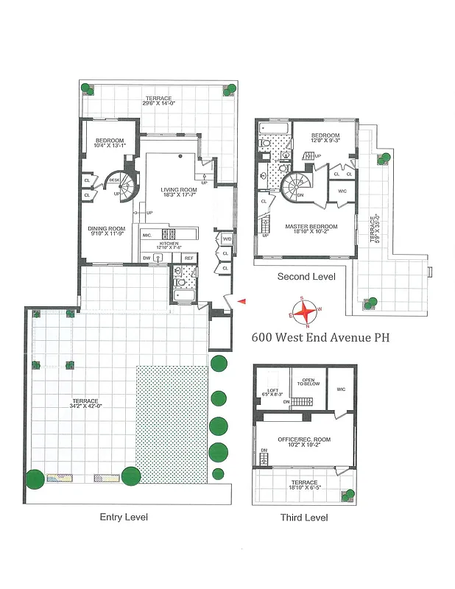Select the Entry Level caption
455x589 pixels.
coord(124,517)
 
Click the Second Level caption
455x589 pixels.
coord(306,277)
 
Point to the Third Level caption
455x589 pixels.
coord(303,518)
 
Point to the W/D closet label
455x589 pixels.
coord(226,239)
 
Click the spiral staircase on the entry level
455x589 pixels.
coord(124,188)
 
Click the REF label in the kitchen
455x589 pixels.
coord(188,258)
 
